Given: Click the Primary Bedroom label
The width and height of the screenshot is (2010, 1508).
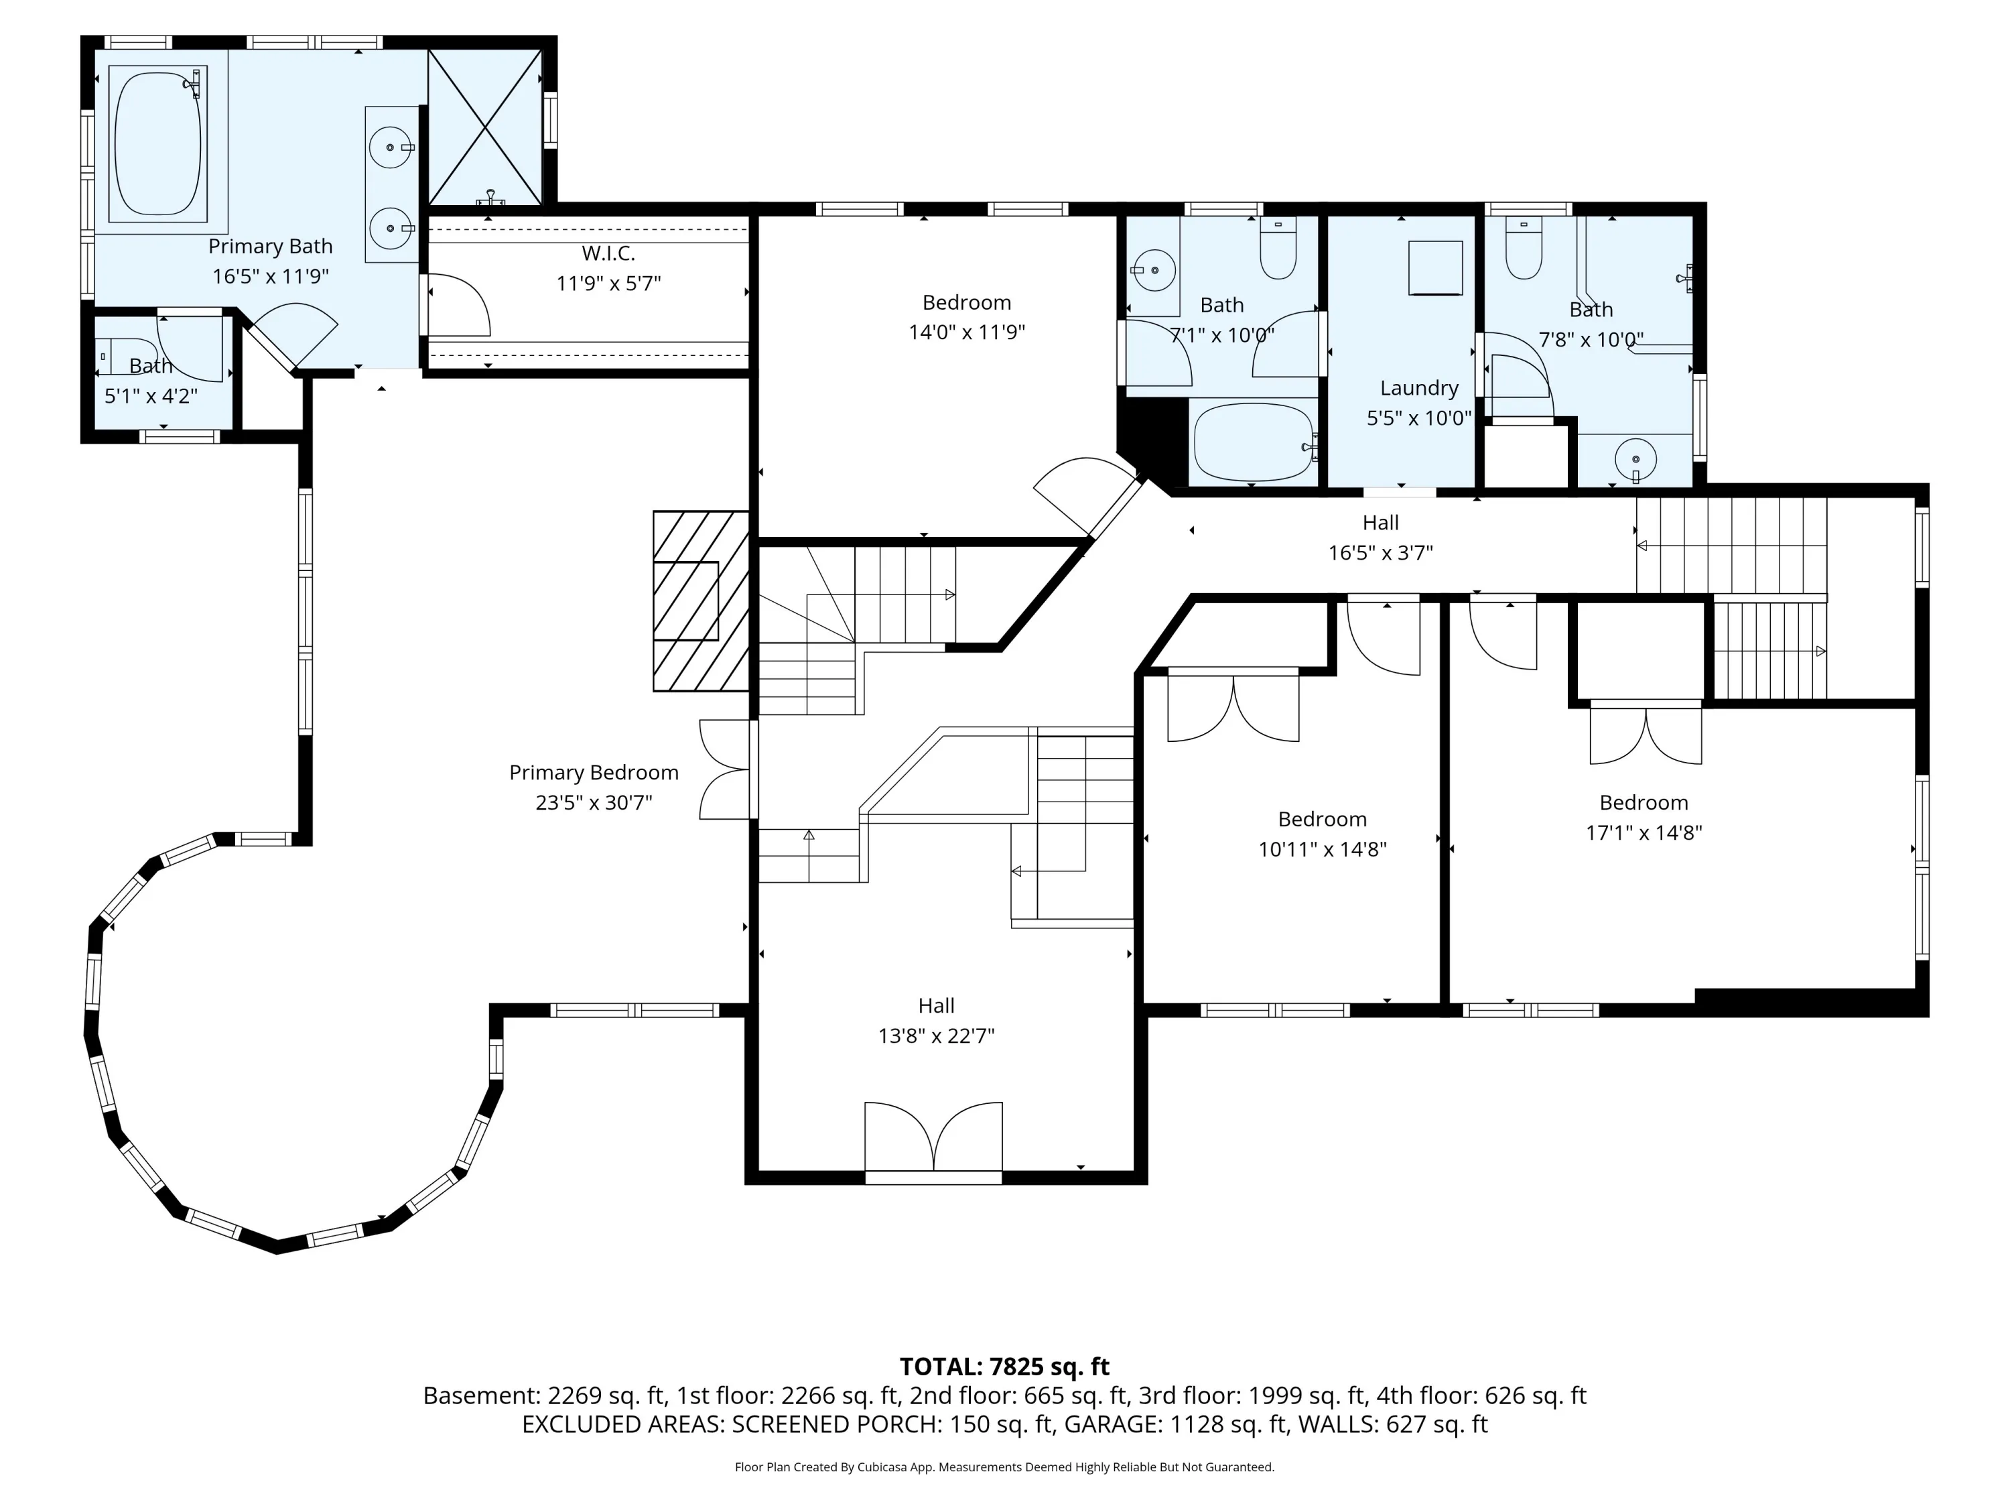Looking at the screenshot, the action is click(x=594, y=773).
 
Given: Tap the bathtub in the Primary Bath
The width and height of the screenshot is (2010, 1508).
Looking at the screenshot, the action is click(x=158, y=143).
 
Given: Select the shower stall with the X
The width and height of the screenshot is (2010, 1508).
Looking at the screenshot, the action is click(x=484, y=127).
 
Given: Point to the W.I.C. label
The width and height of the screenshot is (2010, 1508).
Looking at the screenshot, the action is click(x=608, y=253).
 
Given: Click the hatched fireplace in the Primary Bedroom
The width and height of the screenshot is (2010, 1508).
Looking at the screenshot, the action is click(x=701, y=601).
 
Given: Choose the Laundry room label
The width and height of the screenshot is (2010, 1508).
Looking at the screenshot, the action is click(x=1419, y=388).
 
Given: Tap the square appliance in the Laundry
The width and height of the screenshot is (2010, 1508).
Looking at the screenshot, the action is click(x=1436, y=268).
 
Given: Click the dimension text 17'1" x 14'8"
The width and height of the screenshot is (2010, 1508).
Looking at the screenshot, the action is click(x=1644, y=832).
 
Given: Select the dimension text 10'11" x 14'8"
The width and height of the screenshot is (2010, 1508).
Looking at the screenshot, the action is click(x=1322, y=849).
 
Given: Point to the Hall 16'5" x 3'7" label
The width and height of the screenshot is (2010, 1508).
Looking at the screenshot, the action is click(x=1380, y=538).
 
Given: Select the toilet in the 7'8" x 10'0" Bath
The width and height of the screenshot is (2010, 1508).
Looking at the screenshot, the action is click(x=1524, y=247).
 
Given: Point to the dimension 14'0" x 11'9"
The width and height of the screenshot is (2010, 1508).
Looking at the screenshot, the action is click(x=967, y=332).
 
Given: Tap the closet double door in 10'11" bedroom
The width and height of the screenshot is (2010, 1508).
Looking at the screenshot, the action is click(x=1233, y=706).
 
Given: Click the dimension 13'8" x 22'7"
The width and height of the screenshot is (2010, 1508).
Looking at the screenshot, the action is click(x=936, y=1035).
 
